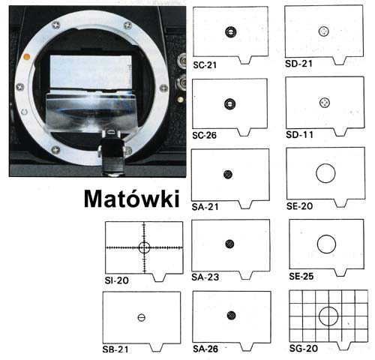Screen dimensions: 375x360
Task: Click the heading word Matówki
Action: (132, 199)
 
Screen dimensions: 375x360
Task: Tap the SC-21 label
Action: (205, 65)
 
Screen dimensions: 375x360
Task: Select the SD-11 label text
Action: (299, 135)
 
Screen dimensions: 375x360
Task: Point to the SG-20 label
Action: (303, 348)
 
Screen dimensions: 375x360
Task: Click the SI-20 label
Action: (116, 280)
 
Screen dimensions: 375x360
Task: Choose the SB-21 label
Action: (115, 349)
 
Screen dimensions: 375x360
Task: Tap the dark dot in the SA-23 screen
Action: (229, 244)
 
